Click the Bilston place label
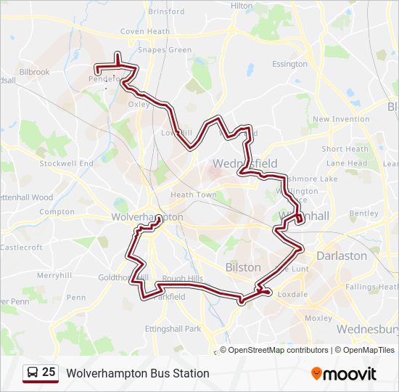(243, 267)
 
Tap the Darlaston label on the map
(341, 256)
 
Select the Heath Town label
(194, 195)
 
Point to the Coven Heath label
(145, 32)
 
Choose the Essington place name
(289, 64)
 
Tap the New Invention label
(341, 119)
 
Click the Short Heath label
(345, 149)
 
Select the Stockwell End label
(67, 163)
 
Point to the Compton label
(57, 212)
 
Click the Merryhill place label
(55, 276)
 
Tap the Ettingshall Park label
(173, 329)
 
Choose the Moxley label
(318, 318)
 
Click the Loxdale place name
(293, 294)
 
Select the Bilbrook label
(35, 72)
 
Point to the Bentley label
(363, 214)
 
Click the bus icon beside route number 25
(33, 373)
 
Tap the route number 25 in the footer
(49, 372)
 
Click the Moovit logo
(344, 374)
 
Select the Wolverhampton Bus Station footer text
(138, 373)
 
